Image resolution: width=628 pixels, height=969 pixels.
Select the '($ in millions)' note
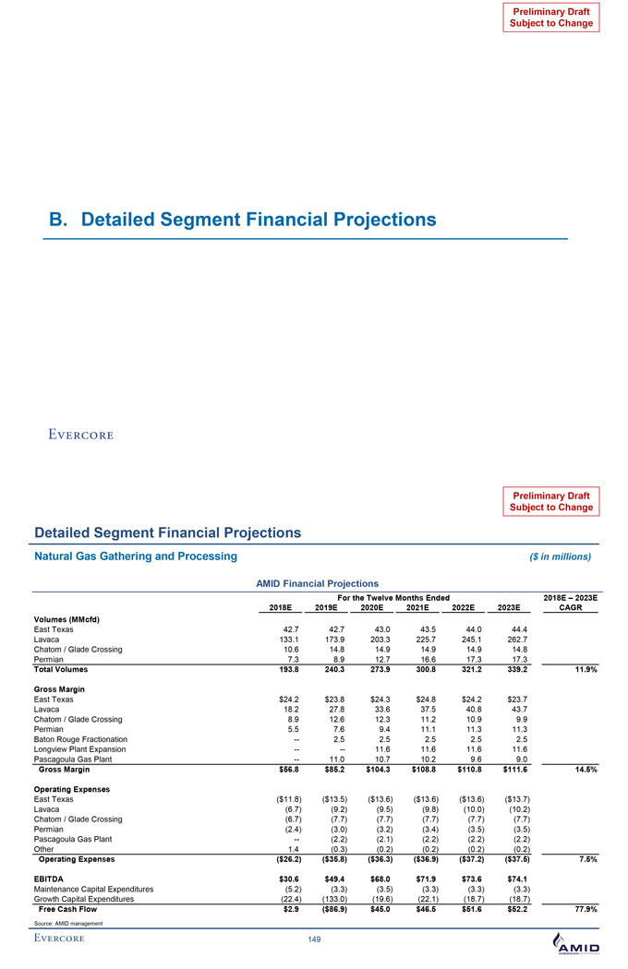click(x=559, y=556)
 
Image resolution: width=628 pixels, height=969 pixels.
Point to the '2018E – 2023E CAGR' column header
click(x=573, y=602)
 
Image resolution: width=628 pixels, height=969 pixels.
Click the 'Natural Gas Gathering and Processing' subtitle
click(x=136, y=556)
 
